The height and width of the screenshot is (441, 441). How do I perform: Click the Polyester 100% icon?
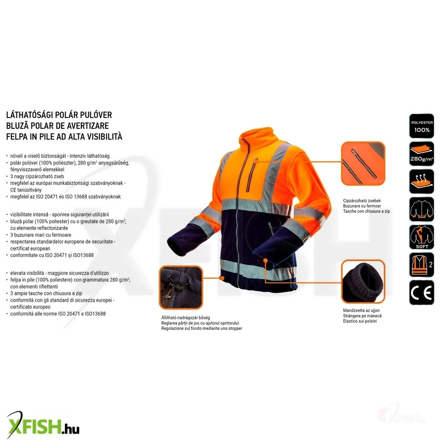[421, 126]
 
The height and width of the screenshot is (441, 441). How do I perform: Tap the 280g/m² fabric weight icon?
[421, 154]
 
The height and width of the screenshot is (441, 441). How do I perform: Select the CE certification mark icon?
[421, 292]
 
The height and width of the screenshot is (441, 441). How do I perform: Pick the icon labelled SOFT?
[421, 237]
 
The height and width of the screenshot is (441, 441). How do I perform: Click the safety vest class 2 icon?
[421, 265]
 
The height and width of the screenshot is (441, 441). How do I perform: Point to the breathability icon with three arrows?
[421, 181]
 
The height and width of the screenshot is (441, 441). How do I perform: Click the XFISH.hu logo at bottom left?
[43, 425]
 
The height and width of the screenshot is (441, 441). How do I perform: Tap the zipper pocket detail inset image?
[363, 163]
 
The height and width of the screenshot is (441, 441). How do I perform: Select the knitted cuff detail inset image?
[363, 282]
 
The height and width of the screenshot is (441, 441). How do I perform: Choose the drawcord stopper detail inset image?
[181, 287]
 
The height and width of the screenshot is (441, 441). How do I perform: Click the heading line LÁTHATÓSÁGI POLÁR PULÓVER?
[59, 115]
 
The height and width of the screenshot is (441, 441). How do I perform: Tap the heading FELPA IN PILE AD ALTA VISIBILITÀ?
[64, 137]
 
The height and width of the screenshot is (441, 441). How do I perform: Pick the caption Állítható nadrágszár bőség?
[186, 317]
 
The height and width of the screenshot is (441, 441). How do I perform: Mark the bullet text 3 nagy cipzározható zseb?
[37, 176]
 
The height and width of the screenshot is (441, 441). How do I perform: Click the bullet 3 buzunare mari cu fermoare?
[41, 235]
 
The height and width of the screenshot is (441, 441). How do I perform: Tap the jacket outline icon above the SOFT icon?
[421, 209]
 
